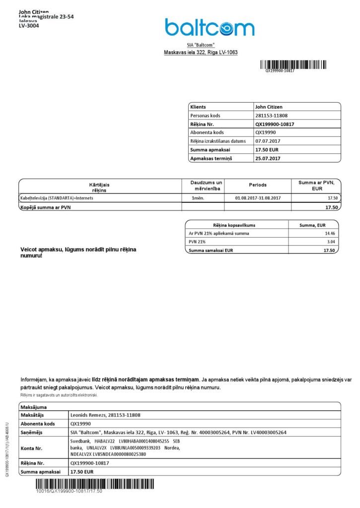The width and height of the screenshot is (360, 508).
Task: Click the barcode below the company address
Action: (x=293, y=64)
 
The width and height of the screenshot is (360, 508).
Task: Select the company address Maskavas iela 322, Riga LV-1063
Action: (x=201, y=52)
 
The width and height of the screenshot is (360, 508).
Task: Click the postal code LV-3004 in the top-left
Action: (x=29, y=26)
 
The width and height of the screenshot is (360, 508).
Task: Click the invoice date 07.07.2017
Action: (x=269, y=141)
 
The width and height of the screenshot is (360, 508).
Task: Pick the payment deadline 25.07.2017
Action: (x=269, y=158)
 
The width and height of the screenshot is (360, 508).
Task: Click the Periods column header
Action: (x=258, y=185)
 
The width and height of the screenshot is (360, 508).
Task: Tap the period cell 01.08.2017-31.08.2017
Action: (x=258, y=198)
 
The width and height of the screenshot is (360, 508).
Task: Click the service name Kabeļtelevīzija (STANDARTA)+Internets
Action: (x=57, y=198)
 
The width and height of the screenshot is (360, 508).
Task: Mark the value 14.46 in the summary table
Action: (x=329, y=233)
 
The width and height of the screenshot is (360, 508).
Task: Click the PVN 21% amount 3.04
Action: (x=330, y=242)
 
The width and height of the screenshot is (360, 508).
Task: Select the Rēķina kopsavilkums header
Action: (x=234, y=225)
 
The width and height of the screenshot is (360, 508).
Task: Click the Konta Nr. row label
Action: (x=32, y=448)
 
